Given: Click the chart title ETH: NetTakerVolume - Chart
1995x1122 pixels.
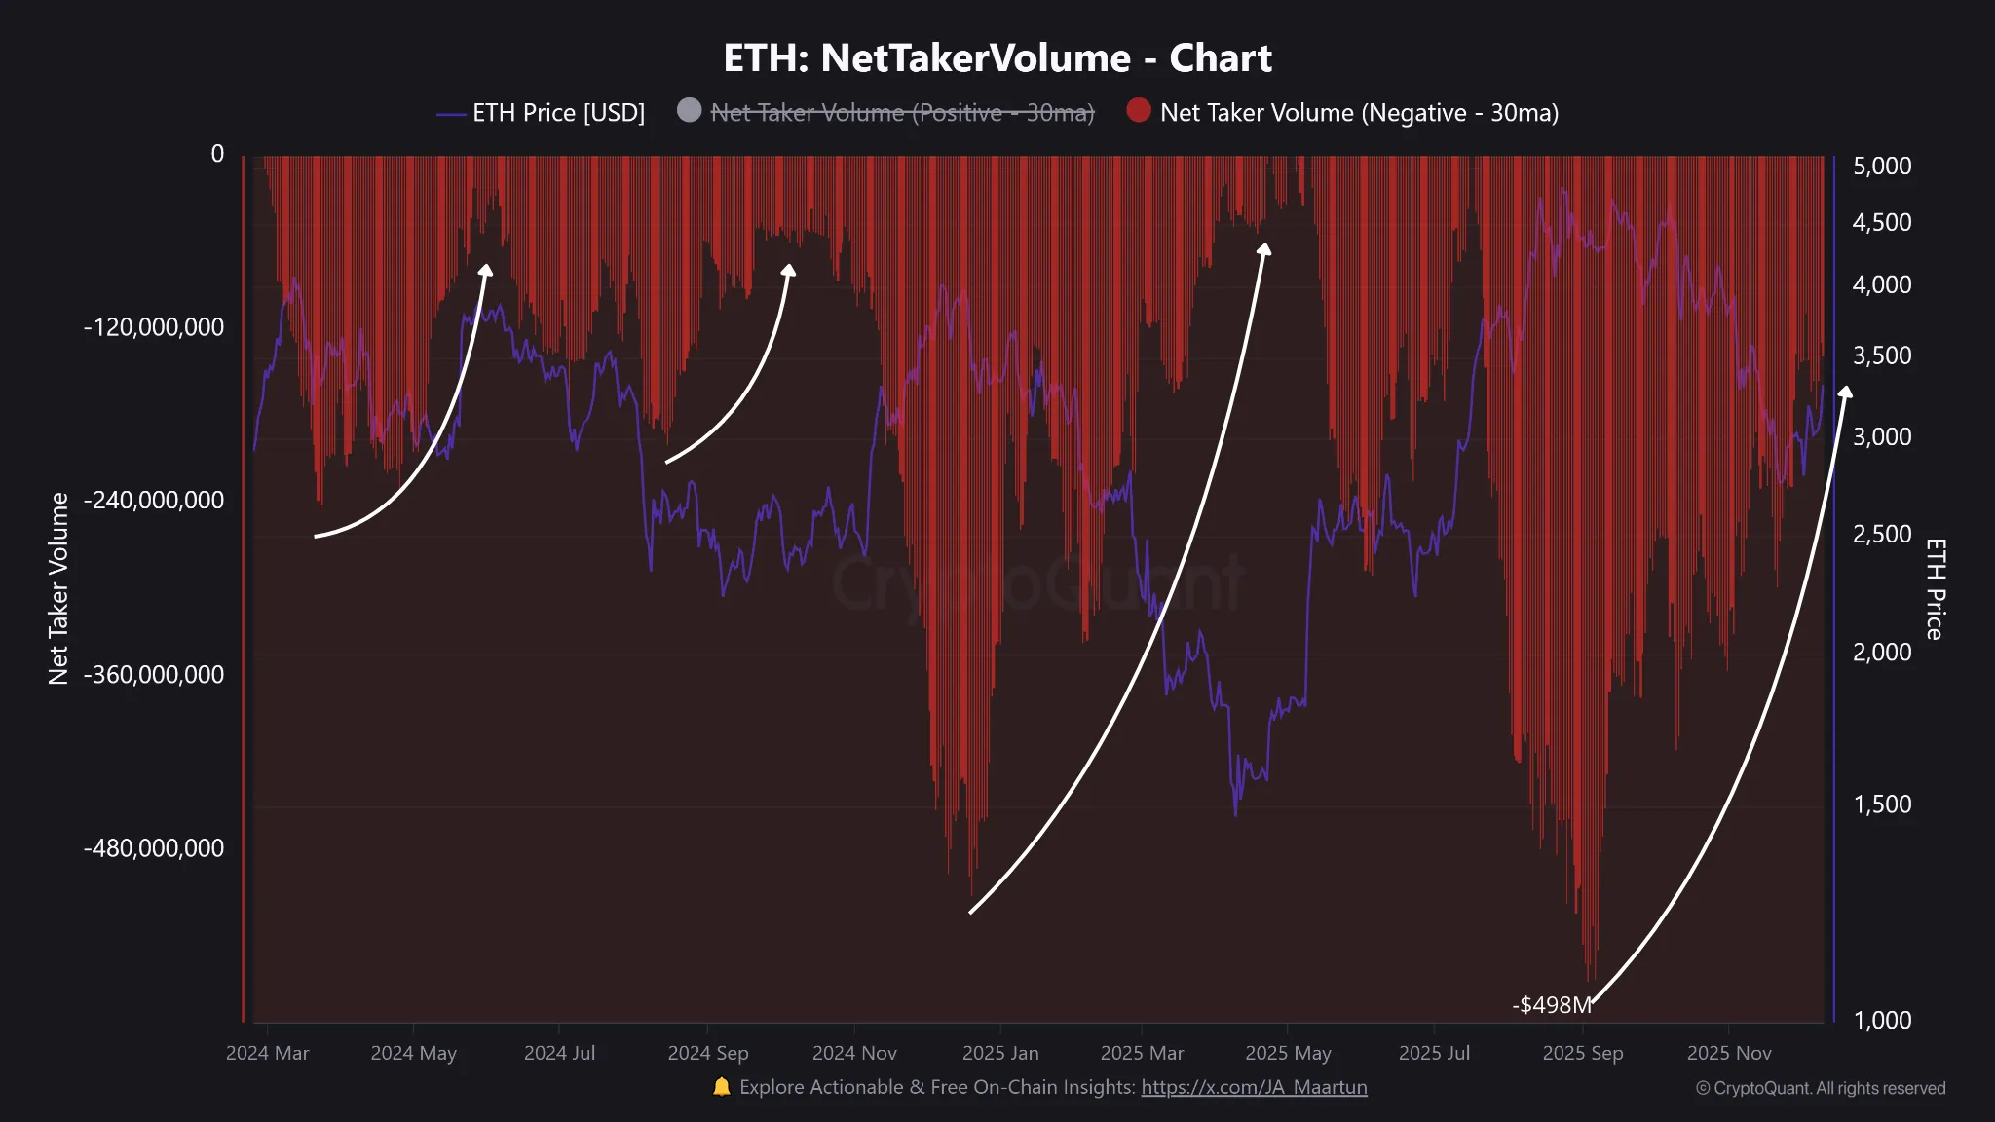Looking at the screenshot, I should coord(997,58).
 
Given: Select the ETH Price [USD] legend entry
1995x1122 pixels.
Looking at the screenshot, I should coord(558,113).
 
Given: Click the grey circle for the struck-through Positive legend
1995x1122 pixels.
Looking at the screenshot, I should coord(689,110).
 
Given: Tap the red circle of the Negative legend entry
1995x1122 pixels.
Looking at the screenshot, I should coord(1138,110).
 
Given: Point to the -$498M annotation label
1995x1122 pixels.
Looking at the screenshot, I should coord(1551,1005).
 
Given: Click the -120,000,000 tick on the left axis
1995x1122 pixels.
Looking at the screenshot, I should coord(154,327).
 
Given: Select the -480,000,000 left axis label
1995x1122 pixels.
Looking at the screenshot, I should coord(154,848).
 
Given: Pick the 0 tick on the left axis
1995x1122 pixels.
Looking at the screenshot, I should coord(217,154).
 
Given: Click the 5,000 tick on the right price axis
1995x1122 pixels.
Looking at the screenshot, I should coord(1881,166).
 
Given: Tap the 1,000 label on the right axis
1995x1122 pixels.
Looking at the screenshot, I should coord(1881,1020).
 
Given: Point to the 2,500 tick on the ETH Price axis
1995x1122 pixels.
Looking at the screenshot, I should coord(1881,534).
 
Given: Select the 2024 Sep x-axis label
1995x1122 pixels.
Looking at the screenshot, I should coord(708,1053).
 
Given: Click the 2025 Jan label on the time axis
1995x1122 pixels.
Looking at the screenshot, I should coord(1000,1053).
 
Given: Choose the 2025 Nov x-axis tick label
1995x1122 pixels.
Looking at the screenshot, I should coord(1729,1053).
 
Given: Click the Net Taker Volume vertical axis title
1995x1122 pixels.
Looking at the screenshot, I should coord(58,588).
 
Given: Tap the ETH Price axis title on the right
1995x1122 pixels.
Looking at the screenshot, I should coord(1935,588).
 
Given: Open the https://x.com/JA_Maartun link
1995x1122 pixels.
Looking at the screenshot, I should coord(1254,1087).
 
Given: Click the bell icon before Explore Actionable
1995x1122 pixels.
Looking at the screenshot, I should coord(721,1086).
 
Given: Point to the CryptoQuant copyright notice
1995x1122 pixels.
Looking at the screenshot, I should coord(1820,1088).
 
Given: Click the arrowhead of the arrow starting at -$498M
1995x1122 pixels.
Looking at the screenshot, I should coord(1845,392).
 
